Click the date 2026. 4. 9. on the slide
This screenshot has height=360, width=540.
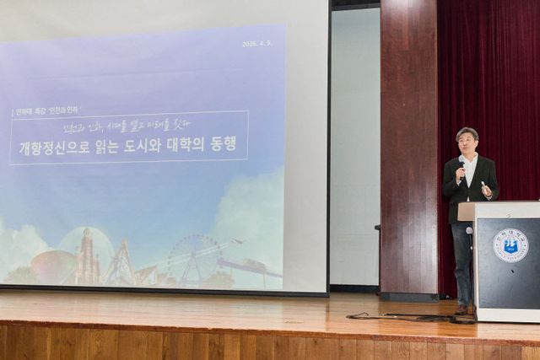pyautogui.click(x=256, y=43)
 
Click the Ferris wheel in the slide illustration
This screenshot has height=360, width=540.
pyautogui.click(x=195, y=257)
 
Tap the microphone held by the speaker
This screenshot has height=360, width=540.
pyautogui.click(x=462, y=165)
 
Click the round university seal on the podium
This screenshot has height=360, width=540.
pyautogui.click(x=510, y=244)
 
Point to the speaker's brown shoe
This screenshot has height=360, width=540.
pyautogui.click(x=462, y=309)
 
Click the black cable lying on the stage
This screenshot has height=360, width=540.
pyautogui.click(x=397, y=317)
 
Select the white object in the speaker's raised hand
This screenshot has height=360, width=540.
pyautogui.click(x=483, y=186)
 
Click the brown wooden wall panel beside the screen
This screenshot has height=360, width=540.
pyautogui.click(x=408, y=152)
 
